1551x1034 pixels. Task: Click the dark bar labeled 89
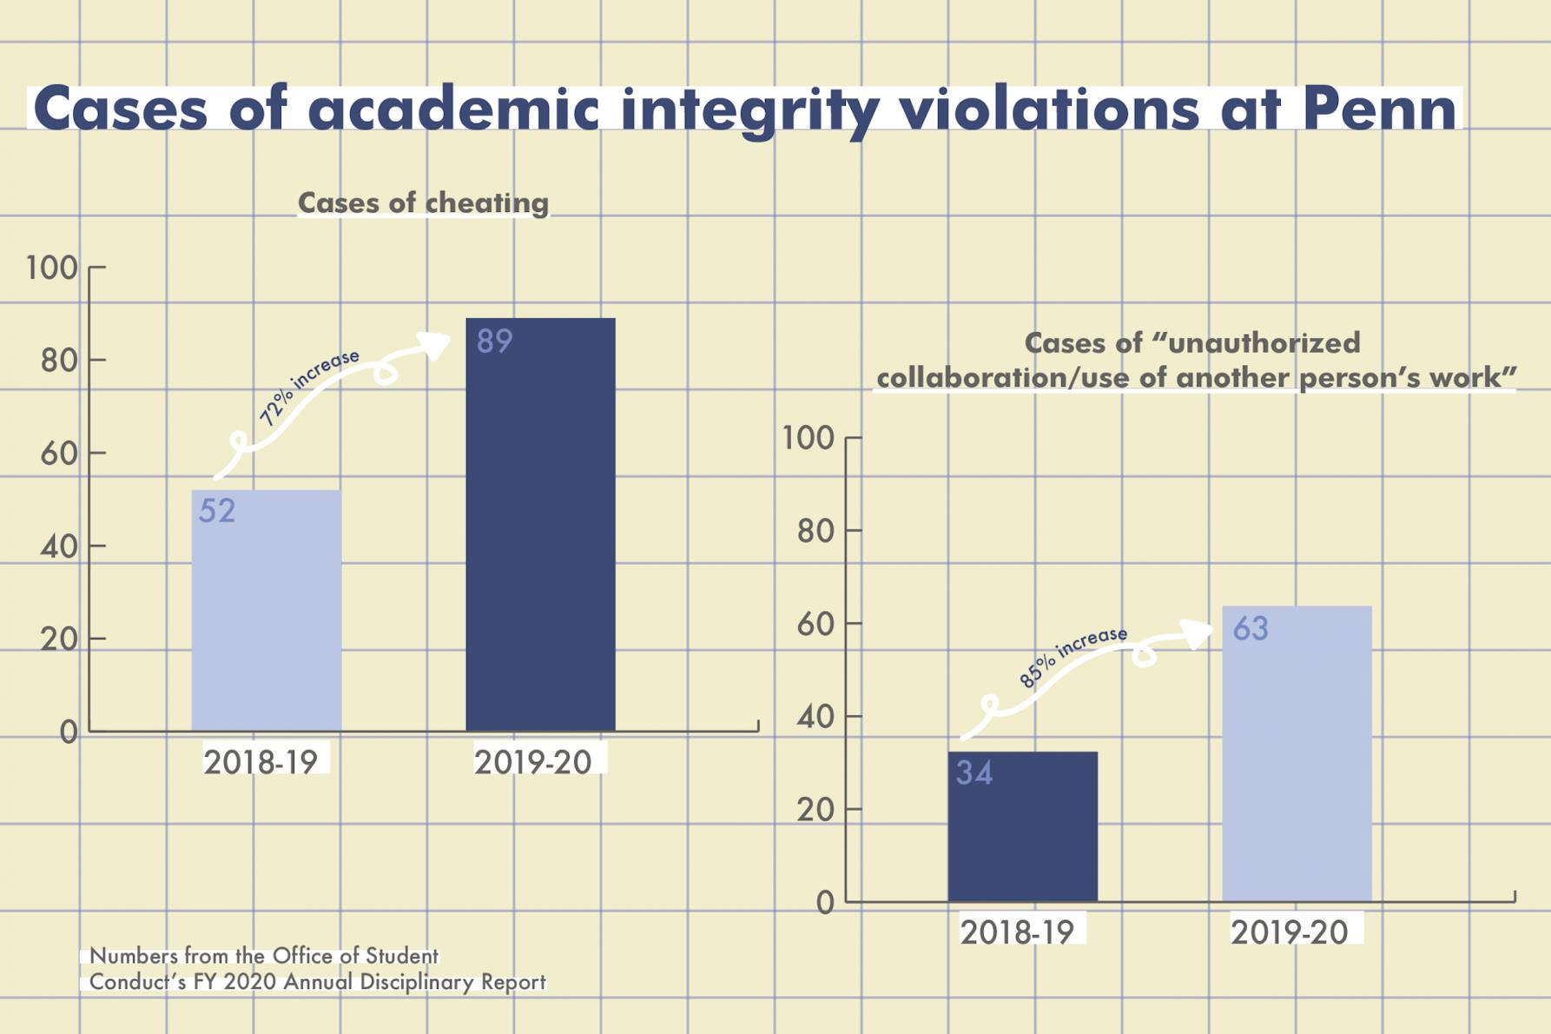(540, 539)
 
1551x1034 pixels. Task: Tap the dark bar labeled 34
(1022, 834)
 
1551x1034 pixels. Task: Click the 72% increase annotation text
(309, 387)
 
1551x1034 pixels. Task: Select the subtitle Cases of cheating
(423, 202)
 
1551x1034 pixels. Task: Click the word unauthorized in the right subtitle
(1264, 342)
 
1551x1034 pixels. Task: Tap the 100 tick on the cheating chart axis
(52, 268)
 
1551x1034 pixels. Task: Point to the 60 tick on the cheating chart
(60, 453)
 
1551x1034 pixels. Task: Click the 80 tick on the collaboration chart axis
(815, 531)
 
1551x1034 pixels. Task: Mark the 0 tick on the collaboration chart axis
(825, 903)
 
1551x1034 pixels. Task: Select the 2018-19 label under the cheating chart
(261, 762)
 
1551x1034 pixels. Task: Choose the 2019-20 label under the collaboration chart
(1289, 932)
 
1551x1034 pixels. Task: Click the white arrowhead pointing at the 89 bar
(434, 344)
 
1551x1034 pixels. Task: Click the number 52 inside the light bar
(217, 511)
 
